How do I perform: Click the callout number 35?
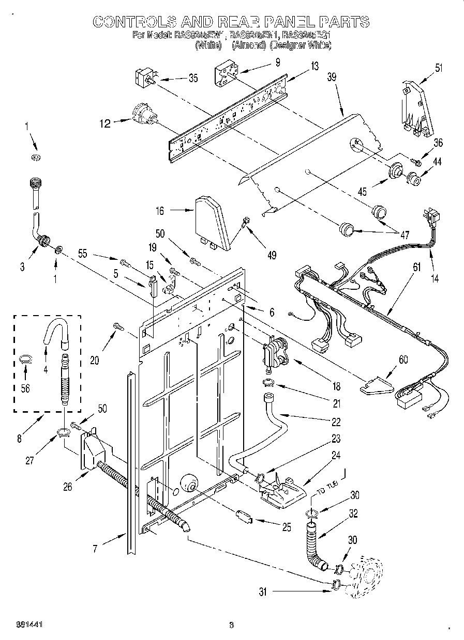pyautogui.click(x=192, y=79)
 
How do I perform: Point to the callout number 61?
pyautogui.click(x=417, y=267)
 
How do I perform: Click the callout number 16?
pyautogui.click(x=160, y=210)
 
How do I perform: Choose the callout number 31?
pyautogui.click(x=263, y=592)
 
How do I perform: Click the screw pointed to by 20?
pyautogui.click(x=118, y=325)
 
